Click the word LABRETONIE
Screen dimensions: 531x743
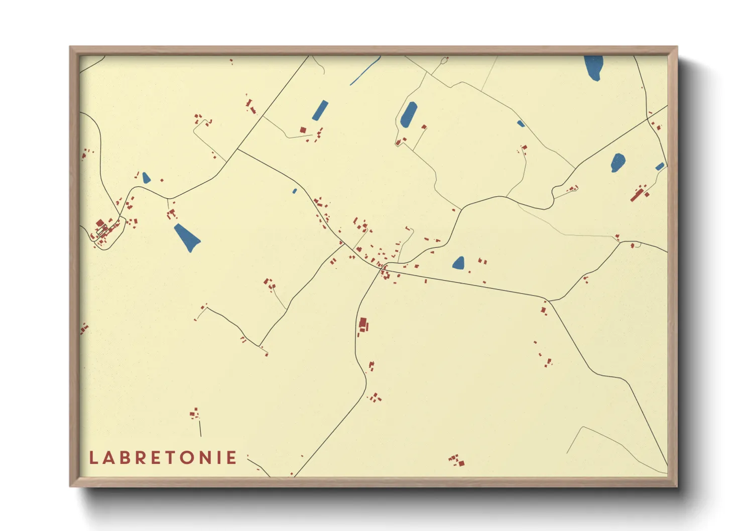pos(163,458)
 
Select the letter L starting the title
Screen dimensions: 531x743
pos(93,458)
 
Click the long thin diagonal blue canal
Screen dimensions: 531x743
pos(365,70)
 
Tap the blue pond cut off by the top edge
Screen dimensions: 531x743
pos(593,67)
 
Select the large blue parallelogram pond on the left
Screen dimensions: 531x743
pos(187,237)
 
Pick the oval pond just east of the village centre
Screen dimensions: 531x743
pos(458,263)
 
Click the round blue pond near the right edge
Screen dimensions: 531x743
pos(617,162)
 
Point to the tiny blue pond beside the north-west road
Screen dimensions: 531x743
pos(295,191)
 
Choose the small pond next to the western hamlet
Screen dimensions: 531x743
pos(146,178)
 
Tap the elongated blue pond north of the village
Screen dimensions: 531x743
pos(409,114)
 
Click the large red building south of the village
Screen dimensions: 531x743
pos(363,324)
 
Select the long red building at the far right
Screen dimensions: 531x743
pos(638,194)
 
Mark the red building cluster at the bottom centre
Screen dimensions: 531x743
pos(456,460)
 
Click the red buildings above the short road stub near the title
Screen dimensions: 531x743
pos(195,414)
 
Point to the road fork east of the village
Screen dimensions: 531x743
pos(549,301)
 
